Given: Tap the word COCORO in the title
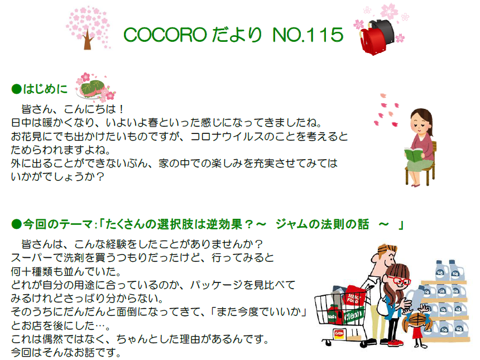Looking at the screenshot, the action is point(165,35).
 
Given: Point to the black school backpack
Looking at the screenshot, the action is point(383,31).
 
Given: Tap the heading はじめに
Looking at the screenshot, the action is point(45,89).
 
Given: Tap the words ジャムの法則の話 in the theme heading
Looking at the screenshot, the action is point(322,224).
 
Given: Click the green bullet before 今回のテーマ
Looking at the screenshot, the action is point(17,224).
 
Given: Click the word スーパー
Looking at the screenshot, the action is point(32,258).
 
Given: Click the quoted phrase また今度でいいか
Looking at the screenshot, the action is point(258,312).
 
